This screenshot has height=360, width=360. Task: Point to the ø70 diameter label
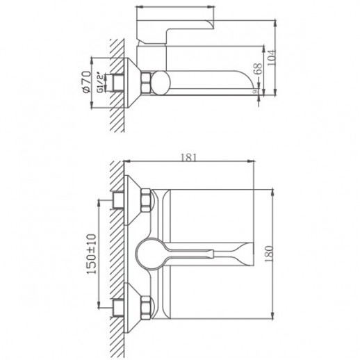86,82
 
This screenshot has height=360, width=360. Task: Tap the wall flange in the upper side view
131,81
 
